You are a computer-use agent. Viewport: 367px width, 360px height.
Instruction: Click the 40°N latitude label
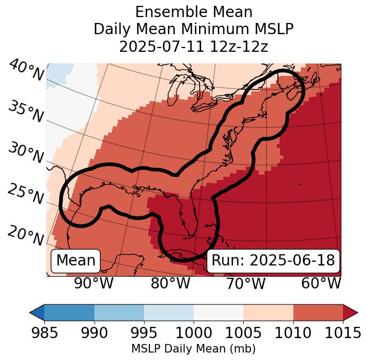pos(26,71)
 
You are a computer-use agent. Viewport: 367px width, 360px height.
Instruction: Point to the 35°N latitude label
pos(25,112)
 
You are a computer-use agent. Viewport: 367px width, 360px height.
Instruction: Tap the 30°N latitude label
pos(25,153)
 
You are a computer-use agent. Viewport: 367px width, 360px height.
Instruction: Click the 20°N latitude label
pos(25,236)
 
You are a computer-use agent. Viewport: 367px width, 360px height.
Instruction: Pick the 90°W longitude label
pos(94,283)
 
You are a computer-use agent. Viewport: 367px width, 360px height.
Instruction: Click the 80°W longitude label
pos(170,283)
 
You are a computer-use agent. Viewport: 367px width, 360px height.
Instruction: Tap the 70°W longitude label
pos(246,283)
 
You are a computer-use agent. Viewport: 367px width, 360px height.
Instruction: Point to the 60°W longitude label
pos(321,283)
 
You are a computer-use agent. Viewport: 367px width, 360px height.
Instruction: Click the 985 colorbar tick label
pos(44,333)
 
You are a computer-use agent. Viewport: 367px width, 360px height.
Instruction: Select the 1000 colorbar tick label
pos(194,333)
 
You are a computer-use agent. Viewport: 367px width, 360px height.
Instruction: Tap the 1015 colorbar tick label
pos(343,333)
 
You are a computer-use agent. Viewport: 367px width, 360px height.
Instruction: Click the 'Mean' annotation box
pos(76,261)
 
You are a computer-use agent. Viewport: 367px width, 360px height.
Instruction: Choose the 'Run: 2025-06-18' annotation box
pos(273,261)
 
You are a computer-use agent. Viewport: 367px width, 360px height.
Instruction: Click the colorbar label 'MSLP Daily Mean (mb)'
pos(193,349)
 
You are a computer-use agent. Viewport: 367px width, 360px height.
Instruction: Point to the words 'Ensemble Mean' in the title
pos(193,12)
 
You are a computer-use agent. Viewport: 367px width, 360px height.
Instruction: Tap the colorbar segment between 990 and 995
pos(119,312)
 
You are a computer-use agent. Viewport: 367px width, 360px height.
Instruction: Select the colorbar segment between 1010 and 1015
pos(318,312)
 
